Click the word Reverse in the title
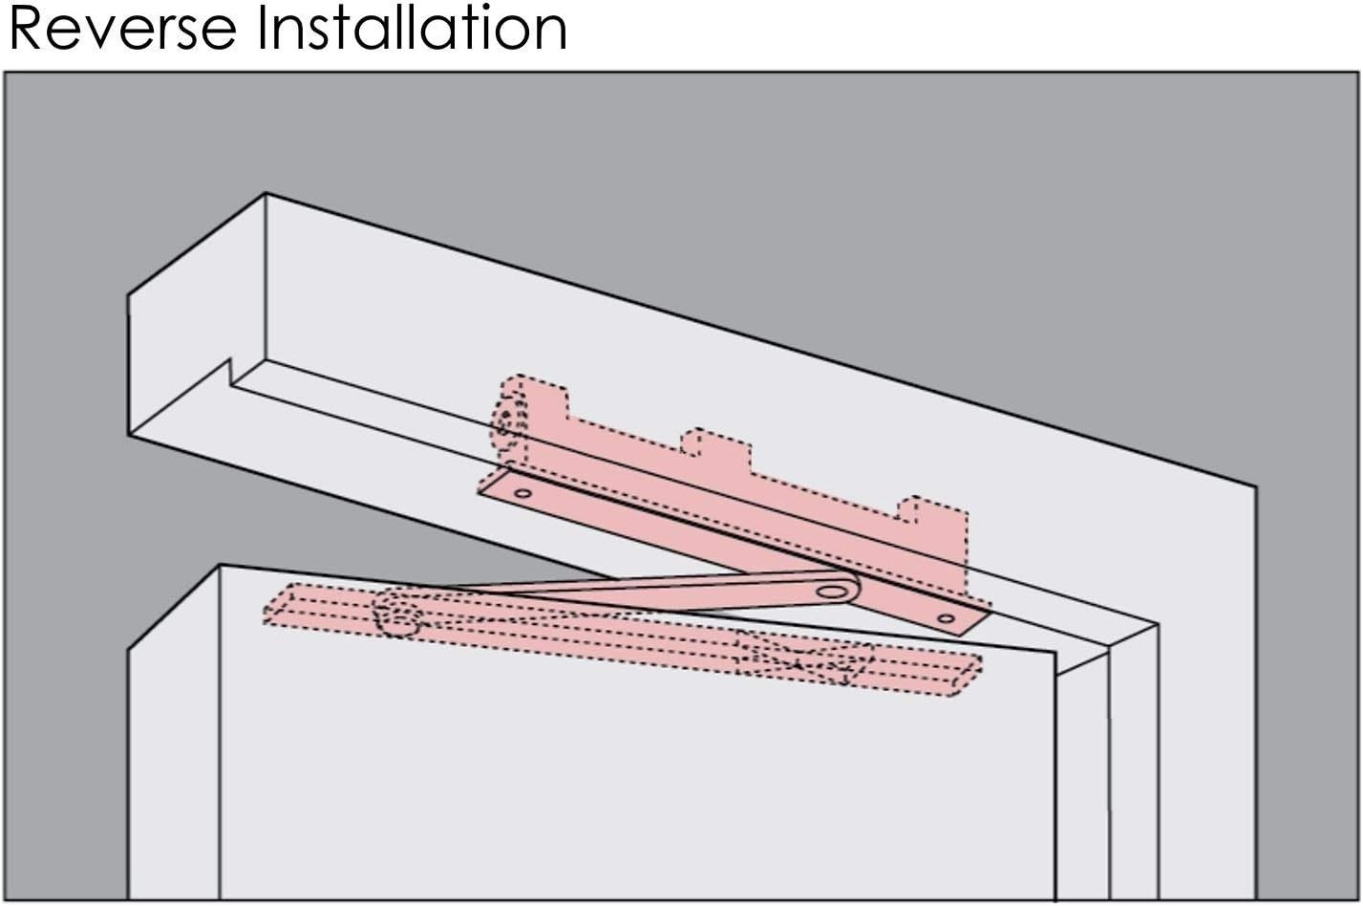pos(123,29)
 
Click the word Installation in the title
pos(412,29)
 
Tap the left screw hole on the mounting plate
pos(522,492)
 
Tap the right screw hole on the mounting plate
pos(947,619)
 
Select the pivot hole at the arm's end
pos(831,592)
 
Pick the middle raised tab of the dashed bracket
pos(715,444)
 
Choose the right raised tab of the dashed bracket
pos(933,511)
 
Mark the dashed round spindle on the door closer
pos(398,613)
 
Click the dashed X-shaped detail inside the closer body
pos(803,658)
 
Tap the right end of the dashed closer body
pos(968,676)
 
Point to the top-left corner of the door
pos(220,566)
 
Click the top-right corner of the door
pos(1055,653)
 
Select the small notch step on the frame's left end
pos(230,372)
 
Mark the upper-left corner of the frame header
pos(266,194)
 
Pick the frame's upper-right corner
pos(1256,486)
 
